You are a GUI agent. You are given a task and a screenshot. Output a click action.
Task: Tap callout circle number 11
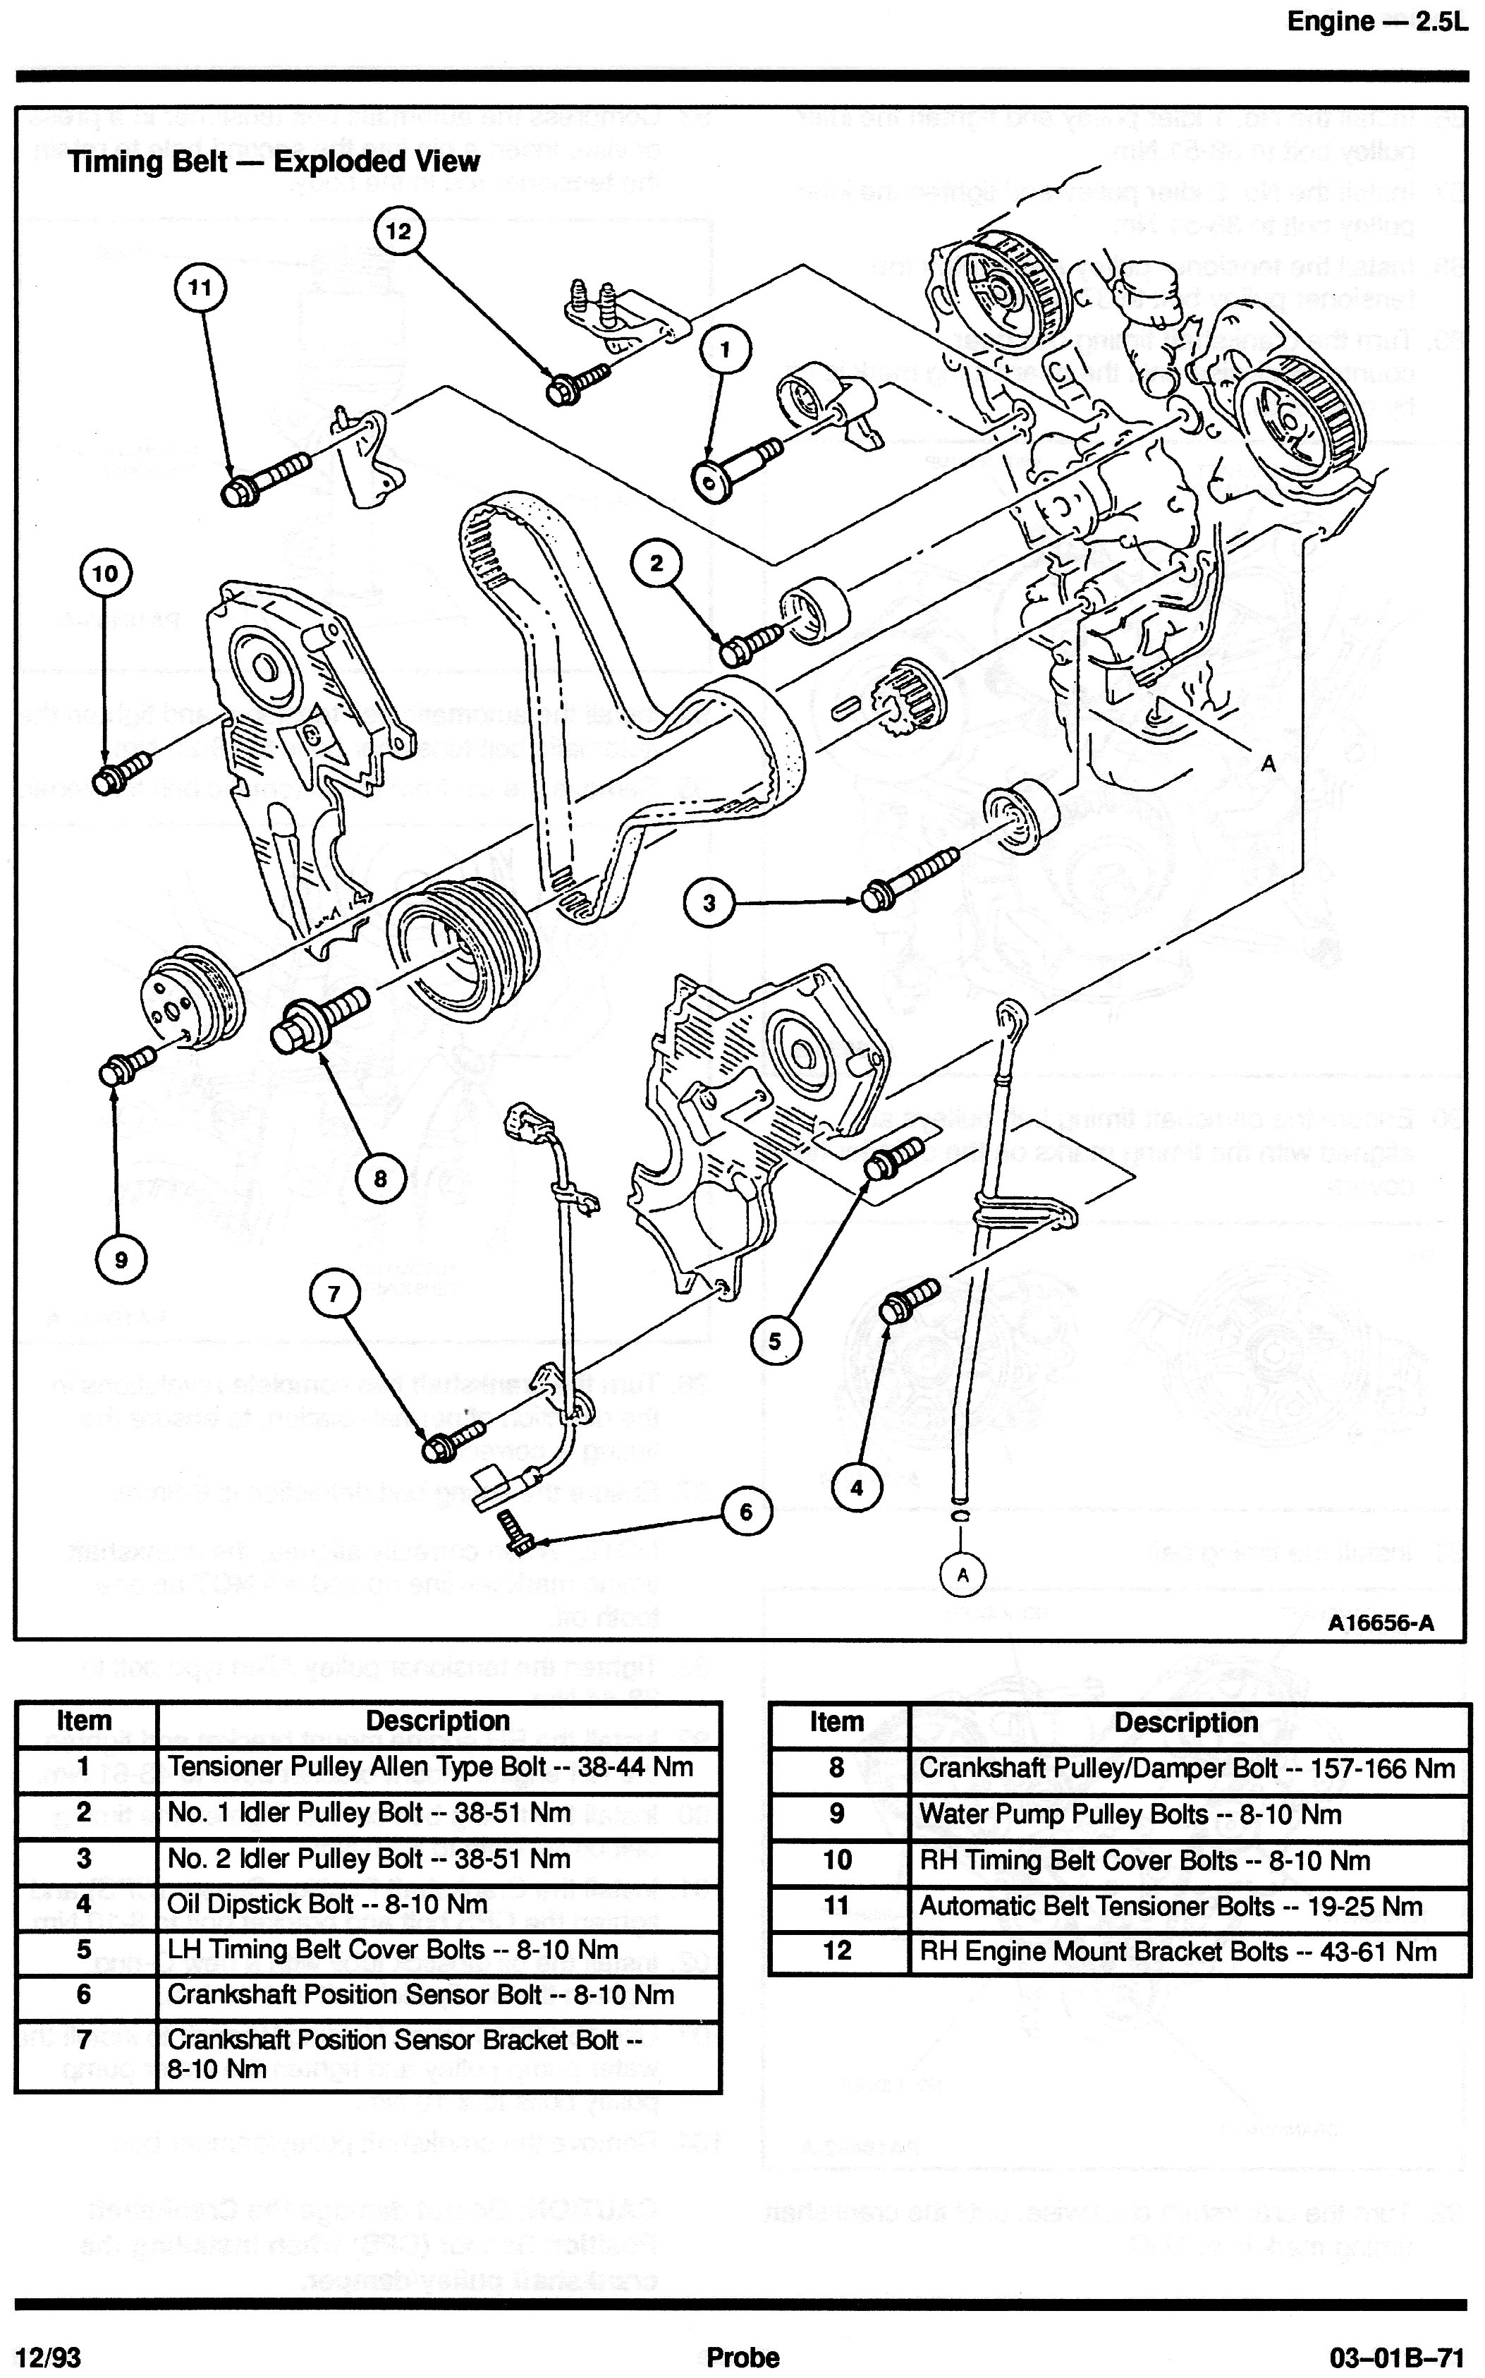(x=200, y=288)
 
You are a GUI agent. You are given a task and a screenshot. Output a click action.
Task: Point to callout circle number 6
(x=745, y=1512)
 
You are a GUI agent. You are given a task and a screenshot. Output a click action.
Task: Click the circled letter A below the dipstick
(x=963, y=1575)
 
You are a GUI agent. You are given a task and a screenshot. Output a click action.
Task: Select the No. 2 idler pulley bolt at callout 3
(x=908, y=878)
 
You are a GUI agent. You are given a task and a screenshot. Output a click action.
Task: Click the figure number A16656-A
(x=1381, y=1622)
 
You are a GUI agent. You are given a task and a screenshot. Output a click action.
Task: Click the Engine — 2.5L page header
(x=1377, y=22)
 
